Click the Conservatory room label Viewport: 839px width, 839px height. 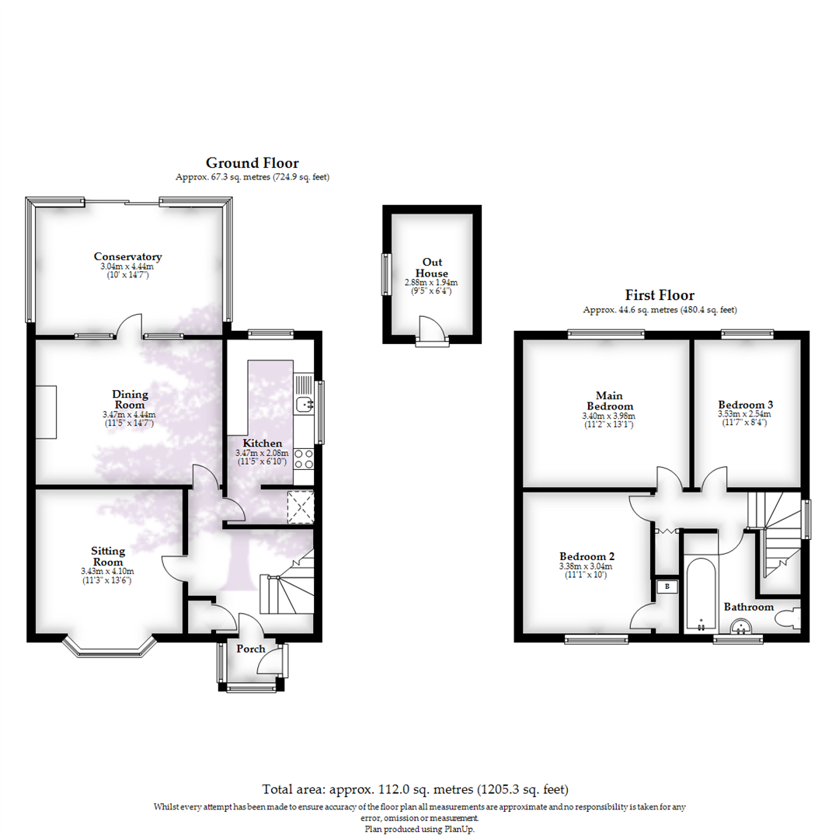tap(127, 256)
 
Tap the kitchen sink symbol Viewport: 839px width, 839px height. tap(303, 404)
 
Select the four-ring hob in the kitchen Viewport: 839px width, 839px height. tap(303, 459)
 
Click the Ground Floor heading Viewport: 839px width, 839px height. tap(252, 162)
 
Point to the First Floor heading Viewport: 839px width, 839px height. tap(660, 295)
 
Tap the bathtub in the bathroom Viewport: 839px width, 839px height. tap(701, 595)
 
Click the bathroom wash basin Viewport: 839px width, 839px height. tap(741, 626)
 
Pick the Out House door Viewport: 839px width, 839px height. tap(431, 329)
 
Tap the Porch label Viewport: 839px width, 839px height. tap(250, 649)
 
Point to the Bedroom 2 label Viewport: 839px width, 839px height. tap(587, 557)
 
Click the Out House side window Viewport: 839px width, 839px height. tap(385, 274)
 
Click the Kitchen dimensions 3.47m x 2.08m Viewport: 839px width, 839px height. tap(262, 453)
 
